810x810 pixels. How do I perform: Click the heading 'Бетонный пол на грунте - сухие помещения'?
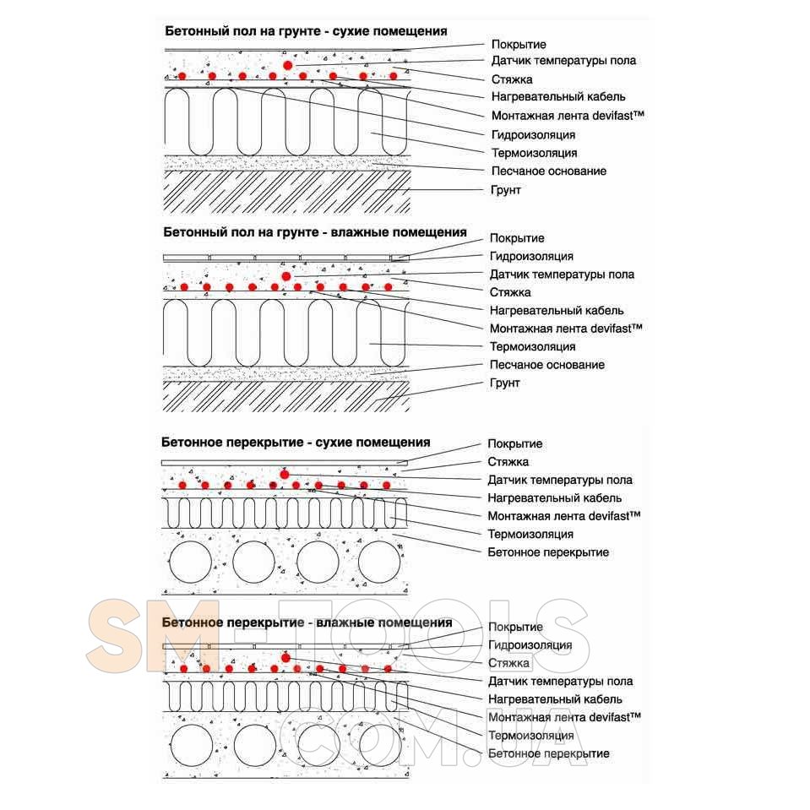[305, 31]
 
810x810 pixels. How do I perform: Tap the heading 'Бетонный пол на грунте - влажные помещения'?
[314, 231]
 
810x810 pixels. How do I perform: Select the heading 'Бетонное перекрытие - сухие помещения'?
[296, 443]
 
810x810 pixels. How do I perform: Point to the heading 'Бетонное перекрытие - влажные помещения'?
[306, 622]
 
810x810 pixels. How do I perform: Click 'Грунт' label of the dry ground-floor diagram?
[506, 190]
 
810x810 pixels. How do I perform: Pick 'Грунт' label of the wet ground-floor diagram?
[504, 383]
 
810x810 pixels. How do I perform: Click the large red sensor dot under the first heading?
[288, 64]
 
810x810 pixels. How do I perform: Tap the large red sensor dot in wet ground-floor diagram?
[286, 275]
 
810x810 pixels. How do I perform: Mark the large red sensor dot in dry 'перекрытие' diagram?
[285, 474]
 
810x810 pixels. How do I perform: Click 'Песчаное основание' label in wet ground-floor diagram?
[547, 365]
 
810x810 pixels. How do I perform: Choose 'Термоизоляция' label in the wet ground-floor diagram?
[533, 346]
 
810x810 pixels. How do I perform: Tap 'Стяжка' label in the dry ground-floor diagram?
[511, 79]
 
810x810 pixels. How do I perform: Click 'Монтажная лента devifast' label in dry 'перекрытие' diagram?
[564, 515]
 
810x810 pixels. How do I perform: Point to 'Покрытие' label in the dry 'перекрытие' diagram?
[515, 443]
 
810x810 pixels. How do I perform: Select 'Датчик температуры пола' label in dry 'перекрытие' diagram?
[560, 480]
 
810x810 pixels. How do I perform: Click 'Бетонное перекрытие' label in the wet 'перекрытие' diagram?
[548, 753]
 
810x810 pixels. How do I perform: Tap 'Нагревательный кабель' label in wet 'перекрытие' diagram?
[555, 699]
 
